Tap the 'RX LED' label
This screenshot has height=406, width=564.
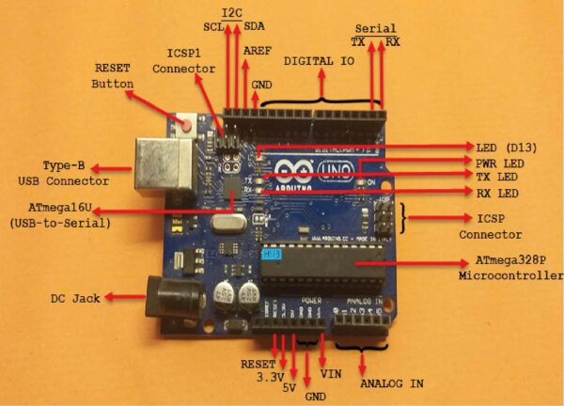coord(497,193)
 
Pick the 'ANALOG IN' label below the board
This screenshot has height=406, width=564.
coord(390,383)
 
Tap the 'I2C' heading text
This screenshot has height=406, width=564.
coord(230,12)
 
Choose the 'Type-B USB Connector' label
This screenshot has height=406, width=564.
coord(63,172)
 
